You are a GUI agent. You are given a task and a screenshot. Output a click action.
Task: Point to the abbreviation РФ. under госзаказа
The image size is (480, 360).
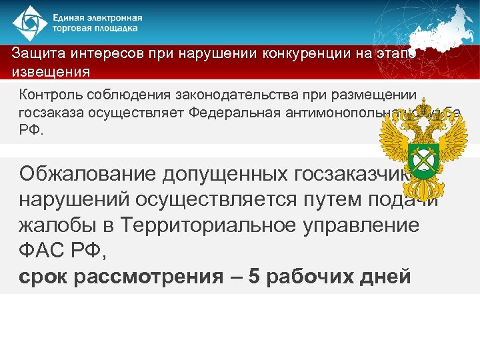click(x=31, y=130)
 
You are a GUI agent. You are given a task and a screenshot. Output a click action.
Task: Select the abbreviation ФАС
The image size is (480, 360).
click(x=43, y=251)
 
